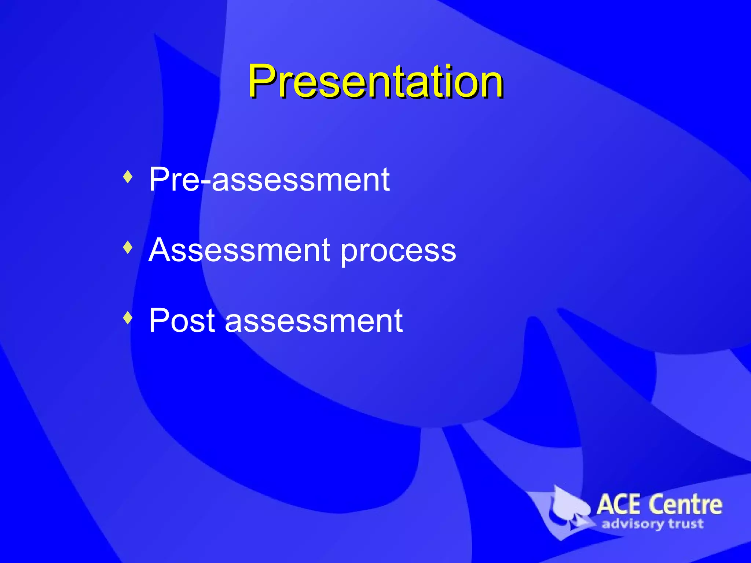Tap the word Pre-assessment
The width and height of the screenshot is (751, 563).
(269, 180)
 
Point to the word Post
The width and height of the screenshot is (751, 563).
(182, 321)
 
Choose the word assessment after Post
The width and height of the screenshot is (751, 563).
(314, 321)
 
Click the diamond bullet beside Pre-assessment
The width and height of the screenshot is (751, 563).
(128, 177)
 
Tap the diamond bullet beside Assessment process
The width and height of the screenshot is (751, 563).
(128, 247)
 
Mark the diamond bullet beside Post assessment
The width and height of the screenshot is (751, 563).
(128, 318)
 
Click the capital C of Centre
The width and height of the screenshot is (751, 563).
(656, 505)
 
